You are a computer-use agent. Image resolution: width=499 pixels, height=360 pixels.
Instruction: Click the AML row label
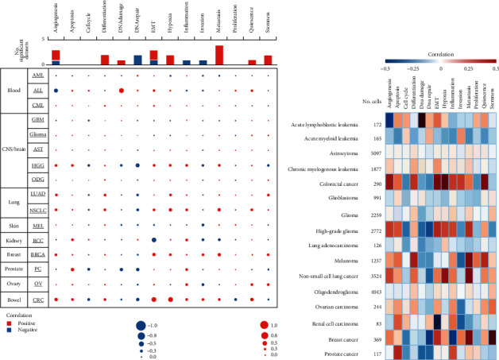[x=37, y=74]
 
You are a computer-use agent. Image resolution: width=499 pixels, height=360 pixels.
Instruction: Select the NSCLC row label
[x=37, y=211]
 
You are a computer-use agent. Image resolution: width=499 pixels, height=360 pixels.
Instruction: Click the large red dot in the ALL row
[x=122, y=91]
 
